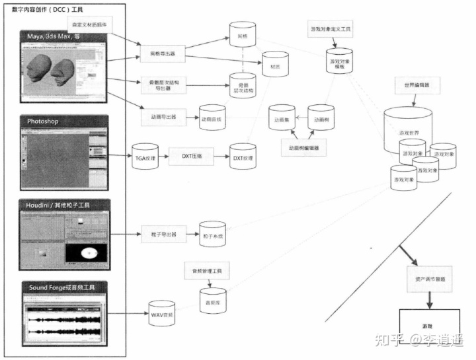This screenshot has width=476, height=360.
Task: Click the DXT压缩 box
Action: [192, 157]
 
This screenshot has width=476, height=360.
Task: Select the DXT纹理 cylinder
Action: [243, 157]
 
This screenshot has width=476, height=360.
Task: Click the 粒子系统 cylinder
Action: [213, 234]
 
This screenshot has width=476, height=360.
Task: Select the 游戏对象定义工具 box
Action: [331, 30]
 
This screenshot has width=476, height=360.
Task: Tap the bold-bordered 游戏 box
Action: [427, 326]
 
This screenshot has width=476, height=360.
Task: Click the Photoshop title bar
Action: [64, 122]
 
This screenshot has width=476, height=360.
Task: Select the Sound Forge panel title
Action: [64, 287]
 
